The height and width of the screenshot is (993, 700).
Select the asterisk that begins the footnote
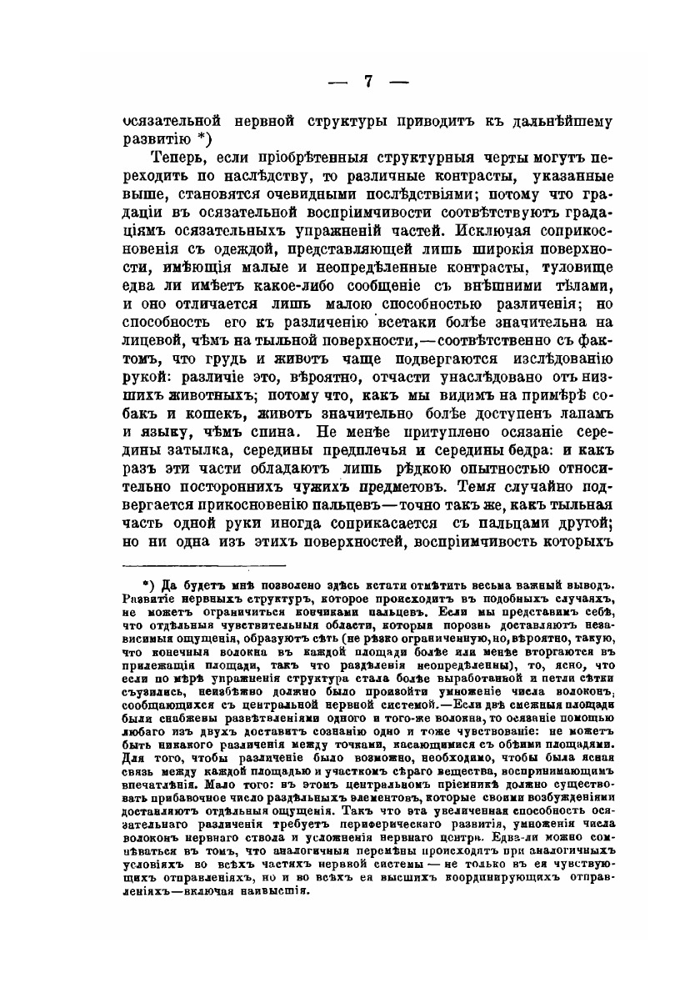145,580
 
